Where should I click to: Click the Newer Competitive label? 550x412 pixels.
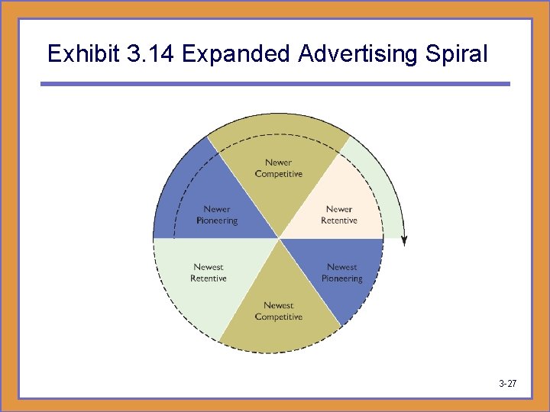point(279,168)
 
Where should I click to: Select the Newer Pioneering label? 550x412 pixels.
point(217,215)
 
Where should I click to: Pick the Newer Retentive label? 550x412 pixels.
point(339,215)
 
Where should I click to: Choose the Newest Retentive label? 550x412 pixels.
point(209,273)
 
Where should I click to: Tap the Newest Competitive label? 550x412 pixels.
point(279,311)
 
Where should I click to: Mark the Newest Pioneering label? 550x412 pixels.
point(341,273)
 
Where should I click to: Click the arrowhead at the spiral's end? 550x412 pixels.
point(404,240)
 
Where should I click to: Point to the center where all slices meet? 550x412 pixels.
point(279,238)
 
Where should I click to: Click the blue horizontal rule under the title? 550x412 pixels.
point(275,84)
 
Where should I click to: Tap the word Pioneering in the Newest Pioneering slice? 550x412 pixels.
point(341,278)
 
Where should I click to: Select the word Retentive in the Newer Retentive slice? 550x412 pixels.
point(339,220)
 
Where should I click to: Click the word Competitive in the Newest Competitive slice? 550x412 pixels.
point(279,317)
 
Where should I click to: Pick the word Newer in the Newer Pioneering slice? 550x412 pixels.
point(217,209)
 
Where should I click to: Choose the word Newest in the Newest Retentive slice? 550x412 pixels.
point(209,267)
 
